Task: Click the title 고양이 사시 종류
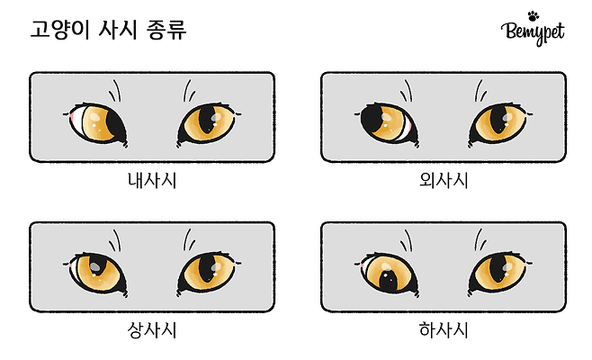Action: (x=108, y=30)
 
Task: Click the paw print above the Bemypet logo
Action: (x=534, y=16)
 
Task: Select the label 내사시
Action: (x=152, y=181)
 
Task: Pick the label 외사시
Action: (x=444, y=181)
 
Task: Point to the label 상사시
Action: (x=152, y=330)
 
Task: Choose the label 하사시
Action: (x=444, y=330)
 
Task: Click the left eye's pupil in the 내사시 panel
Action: (x=116, y=125)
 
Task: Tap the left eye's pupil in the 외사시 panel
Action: (x=372, y=118)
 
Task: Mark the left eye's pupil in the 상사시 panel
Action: (x=96, y=265)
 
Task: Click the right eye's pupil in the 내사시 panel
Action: (x=207, y=120)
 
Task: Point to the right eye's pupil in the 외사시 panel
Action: (x=498, y=120)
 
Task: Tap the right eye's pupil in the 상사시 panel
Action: (x=207, y=269)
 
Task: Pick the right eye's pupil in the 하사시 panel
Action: (x=498, y=269)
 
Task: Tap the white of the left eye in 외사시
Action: (x=406, y=130)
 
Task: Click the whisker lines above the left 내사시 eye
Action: (x=115, y=91)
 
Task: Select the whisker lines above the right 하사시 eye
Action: (x=480, y=239)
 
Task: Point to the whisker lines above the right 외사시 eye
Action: (x=480, y=91)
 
